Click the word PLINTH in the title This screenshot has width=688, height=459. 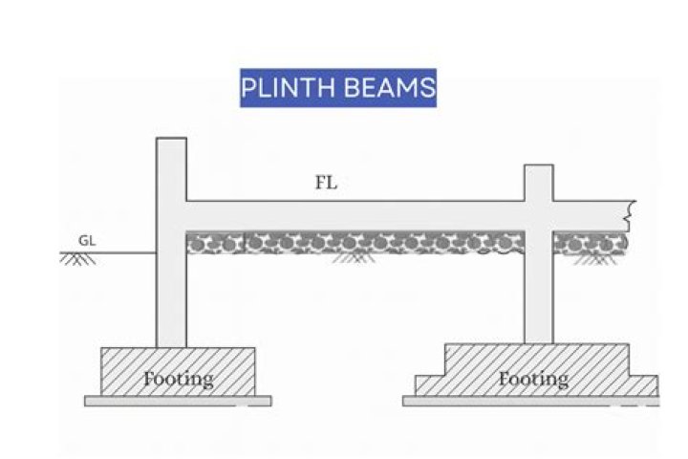point(286,88)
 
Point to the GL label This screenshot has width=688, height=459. point(87,240)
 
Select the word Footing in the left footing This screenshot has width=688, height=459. point(178,379)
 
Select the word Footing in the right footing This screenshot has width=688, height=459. point(533,379)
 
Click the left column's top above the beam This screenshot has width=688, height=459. point(171,168)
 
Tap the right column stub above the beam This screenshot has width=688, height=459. point(538,183)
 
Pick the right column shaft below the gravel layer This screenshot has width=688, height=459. point(538,301)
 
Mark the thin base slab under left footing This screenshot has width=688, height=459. point(178,400)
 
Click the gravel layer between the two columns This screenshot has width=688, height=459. point(354,243)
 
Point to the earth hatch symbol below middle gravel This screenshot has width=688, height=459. point(355,257)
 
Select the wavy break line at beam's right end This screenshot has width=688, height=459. point(629,215)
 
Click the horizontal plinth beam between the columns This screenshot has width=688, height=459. point(354,215)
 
